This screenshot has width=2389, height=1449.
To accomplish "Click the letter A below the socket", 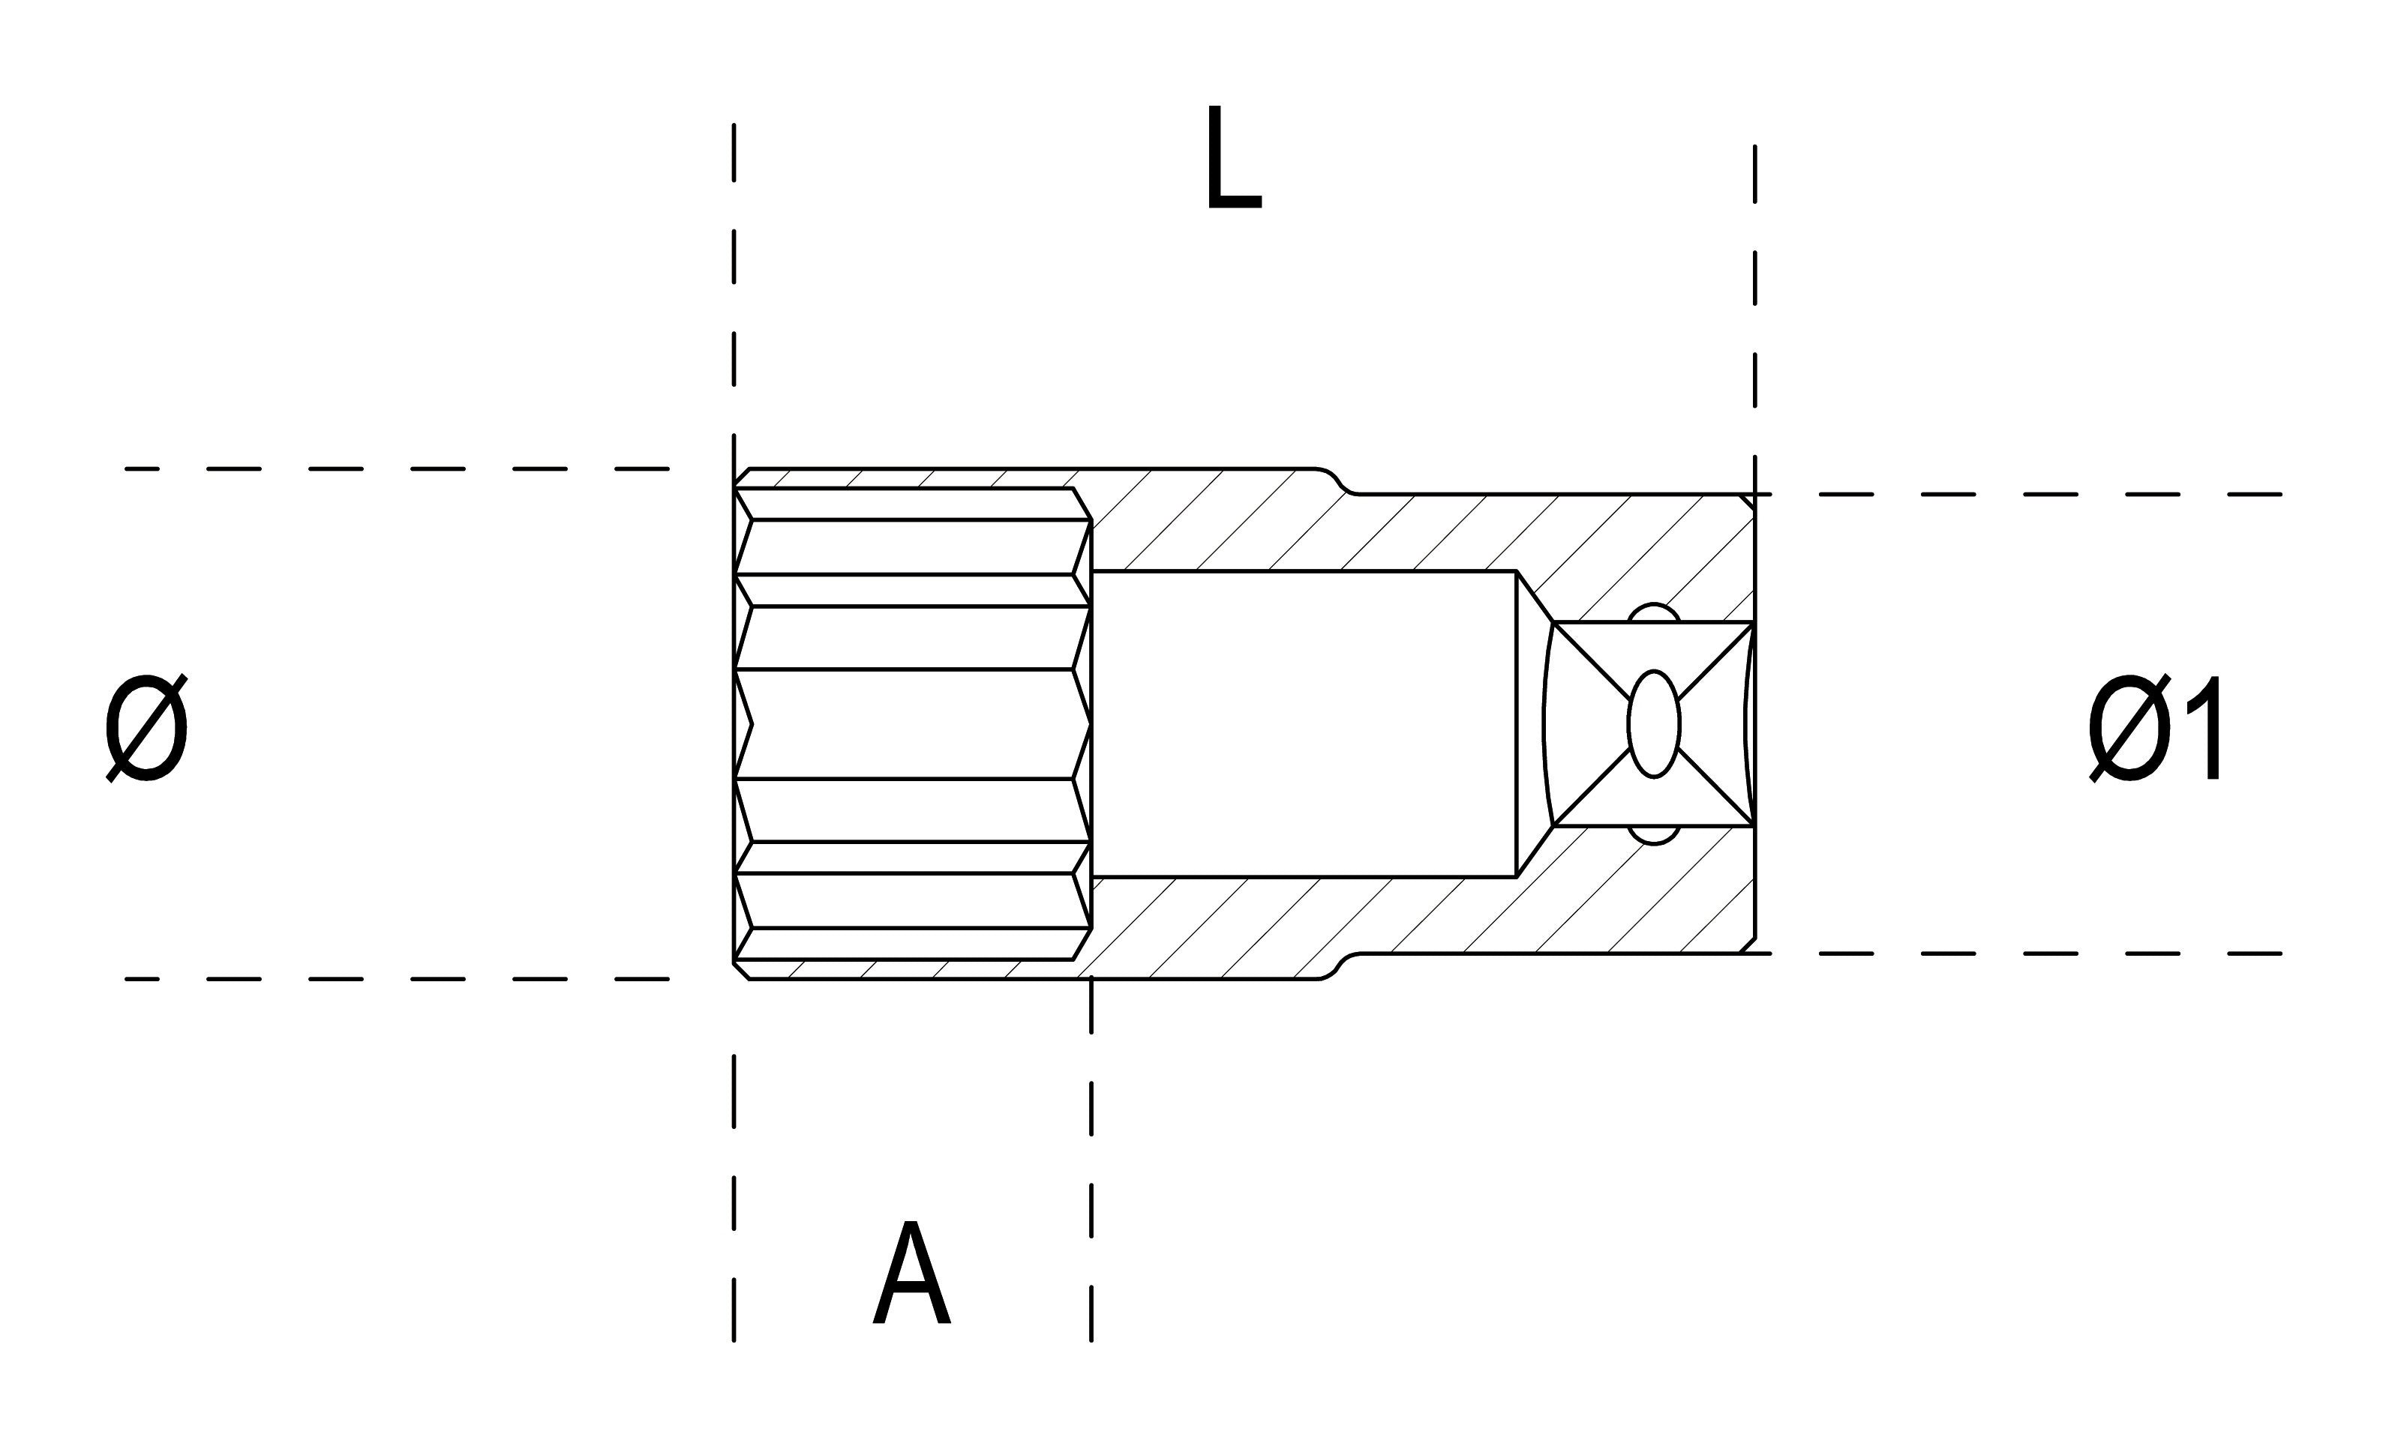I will coord(911,1274).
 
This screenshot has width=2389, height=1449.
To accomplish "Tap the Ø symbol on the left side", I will coord(146,727).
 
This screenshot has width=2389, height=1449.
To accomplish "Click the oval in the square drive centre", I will coord(1653,724).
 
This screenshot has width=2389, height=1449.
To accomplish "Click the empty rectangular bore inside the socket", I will coord(1304,724).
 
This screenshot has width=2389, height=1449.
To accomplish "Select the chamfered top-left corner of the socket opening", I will coord(742,477).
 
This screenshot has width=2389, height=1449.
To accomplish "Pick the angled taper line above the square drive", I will coord(1534,596).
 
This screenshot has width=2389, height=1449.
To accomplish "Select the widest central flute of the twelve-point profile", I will coord(911,724).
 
